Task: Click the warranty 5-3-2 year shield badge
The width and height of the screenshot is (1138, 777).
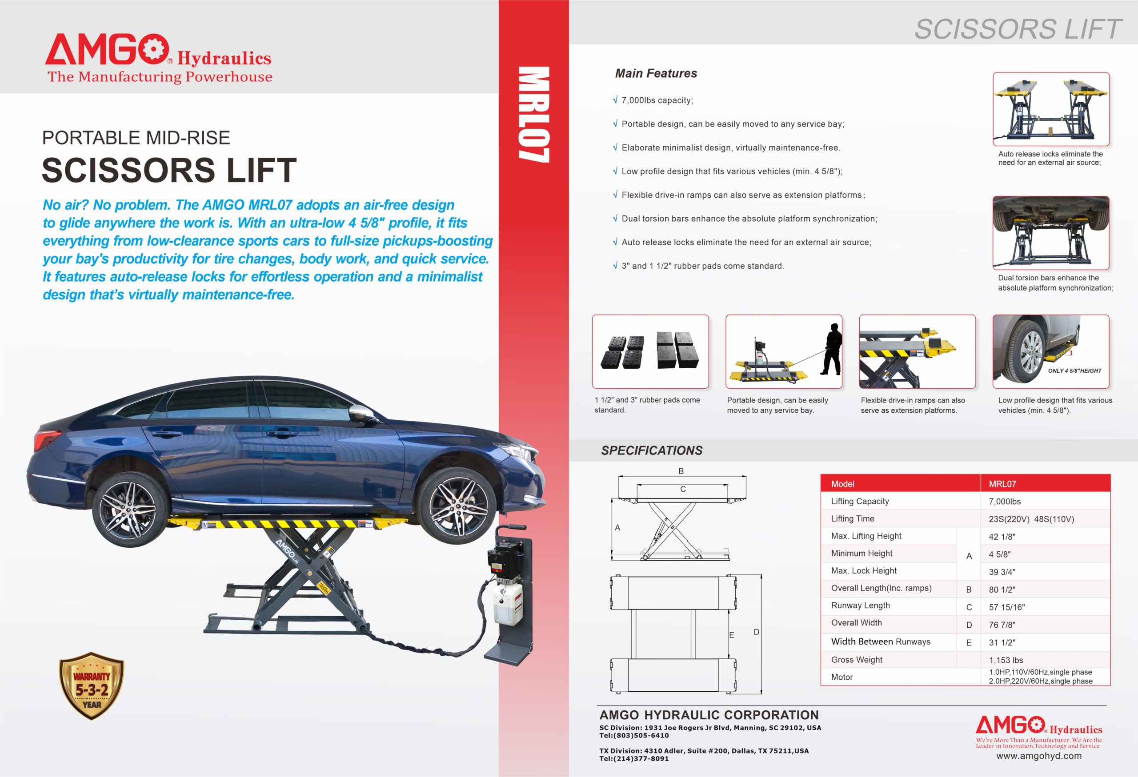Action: pyautogui.click(x=92, y=686)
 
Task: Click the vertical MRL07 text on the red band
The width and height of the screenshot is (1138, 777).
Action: pyautogui.click(x=534, y=115)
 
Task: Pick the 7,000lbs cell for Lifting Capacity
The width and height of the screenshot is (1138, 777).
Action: pyautogui.click(x=1005, y=502)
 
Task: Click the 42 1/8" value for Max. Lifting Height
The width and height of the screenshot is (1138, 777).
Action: pyautogui.click(x=1002, y=537)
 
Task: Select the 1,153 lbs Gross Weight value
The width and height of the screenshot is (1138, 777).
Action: pyautogui.click(x=1006, y=660)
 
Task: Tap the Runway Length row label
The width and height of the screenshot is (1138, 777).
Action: pyautogui.click(x=860, y=605)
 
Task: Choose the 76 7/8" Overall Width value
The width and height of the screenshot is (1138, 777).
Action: pyautogui.click(x=1002, y=625)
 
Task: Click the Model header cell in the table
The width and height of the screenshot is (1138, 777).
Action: pyautogui.click(x=842, y=484)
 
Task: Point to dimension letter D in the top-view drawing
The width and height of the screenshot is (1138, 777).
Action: pyautogui.click(x=756, y=632)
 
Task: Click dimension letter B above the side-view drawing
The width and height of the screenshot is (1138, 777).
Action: pyautogui.click(x=681, y=471)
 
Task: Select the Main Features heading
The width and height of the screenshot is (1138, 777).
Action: pyautogui.click(x=656, y=73)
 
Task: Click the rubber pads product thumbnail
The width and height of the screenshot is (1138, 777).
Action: pyautogui.click(x=650, y=351)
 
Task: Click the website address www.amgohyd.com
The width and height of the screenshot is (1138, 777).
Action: pyautogui.click(x=1038, y=756)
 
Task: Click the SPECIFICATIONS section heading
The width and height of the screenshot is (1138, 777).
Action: pyautogui.click(x=651, y=450)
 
